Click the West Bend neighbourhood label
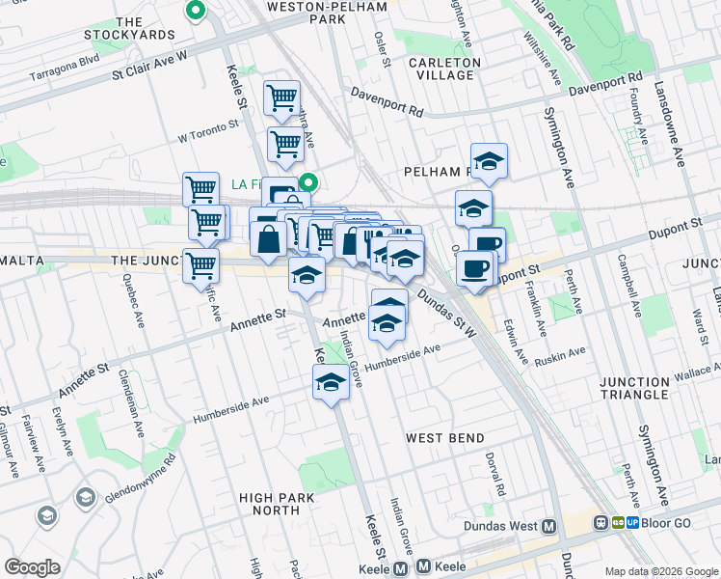[444, 438]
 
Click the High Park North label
[277, 504]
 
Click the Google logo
[32, 566]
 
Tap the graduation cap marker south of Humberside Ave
[331, 382]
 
